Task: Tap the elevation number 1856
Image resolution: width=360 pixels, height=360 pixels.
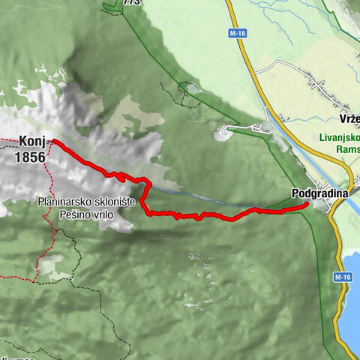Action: [x=29, y=157]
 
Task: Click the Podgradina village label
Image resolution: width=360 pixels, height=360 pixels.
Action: [x=320, y=193]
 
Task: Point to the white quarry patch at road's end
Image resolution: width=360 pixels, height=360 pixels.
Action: [x=223, y=134]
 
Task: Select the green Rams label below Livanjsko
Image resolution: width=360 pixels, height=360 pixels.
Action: [x=346, y=150]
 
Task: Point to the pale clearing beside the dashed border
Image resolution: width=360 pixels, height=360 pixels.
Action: [x=52, y=263]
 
